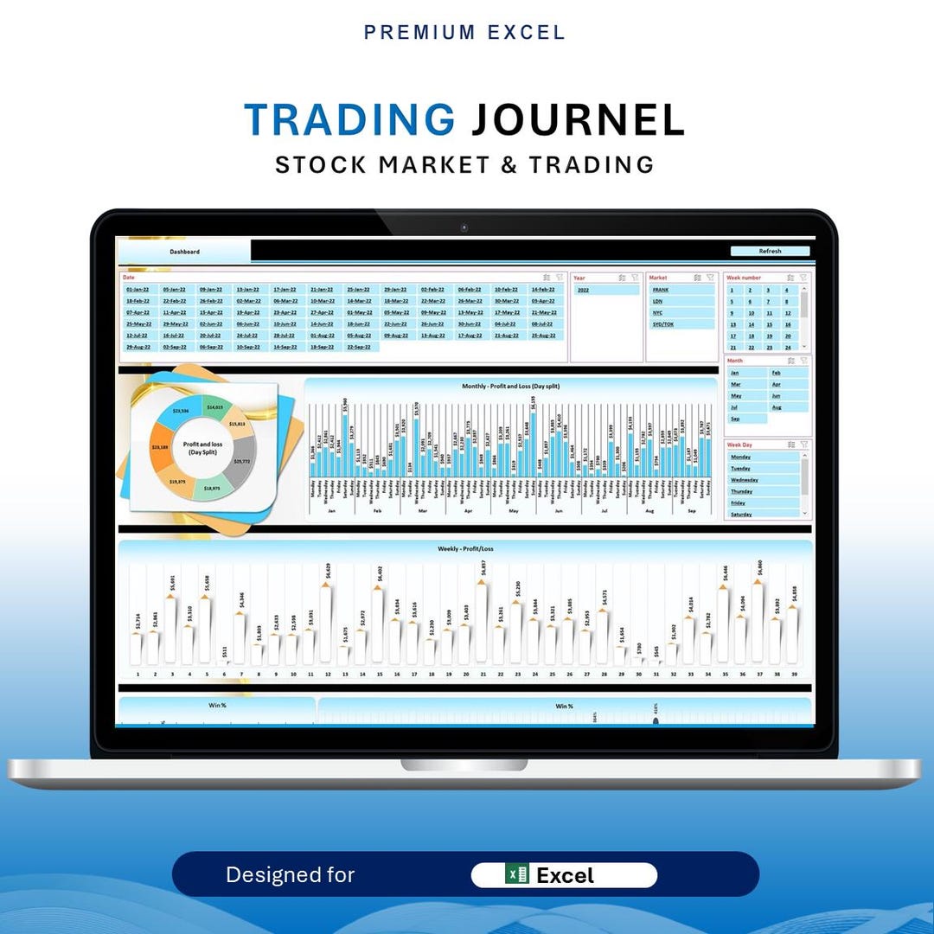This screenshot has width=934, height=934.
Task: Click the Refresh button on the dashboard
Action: (770, 252)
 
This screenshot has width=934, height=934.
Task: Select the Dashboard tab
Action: (184, 252)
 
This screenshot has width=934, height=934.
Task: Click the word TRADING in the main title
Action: (349, 119)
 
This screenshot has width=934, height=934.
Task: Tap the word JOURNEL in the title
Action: (578, 119)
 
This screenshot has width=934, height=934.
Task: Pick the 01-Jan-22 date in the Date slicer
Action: (138, 290)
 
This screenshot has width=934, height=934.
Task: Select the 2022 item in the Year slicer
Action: (584, 291)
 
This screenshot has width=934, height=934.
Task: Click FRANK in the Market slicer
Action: (662, 291)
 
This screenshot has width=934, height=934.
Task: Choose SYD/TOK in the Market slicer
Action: (664, 324)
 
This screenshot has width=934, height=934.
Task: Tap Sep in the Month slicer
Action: (736, 419)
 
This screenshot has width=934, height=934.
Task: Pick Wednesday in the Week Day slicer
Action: (745, 480)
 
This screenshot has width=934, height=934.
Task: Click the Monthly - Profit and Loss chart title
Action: (511, 386)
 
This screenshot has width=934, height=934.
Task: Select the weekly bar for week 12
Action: (327, 623)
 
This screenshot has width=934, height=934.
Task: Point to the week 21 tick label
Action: (483, 674)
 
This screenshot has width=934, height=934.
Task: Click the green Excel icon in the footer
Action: (517, 874)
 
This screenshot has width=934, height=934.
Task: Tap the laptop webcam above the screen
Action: (464, 228)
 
